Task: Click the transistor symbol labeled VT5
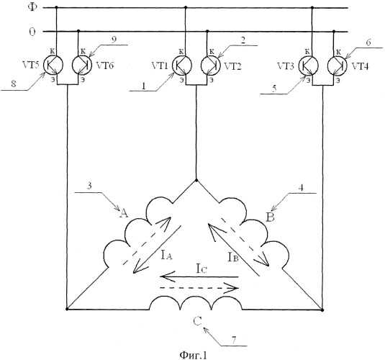(53, 65)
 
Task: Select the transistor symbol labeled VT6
(82, 65)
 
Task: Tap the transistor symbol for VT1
(182, 65)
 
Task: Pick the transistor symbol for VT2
(211, 65)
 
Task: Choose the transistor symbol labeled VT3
(309, 66)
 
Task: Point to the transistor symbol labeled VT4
(338, 66)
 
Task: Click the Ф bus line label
(32, 7)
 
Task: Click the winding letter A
(124, 213)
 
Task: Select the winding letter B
(271, 217)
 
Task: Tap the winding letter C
(197, 321)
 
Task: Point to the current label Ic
(201, 269)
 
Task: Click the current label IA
(167, 256)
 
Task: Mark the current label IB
(233, 257)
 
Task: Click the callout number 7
(234, 340)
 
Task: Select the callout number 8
(14, 84)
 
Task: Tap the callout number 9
(114, 40)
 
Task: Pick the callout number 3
(90, 186)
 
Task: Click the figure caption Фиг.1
(194, 355)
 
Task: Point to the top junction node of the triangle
(196, 181)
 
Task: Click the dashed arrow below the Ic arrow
(199, 288)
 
